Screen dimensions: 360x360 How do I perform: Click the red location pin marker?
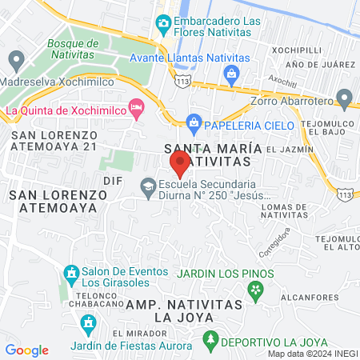point(180,163)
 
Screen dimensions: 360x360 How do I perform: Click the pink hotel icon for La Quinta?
point(137,106)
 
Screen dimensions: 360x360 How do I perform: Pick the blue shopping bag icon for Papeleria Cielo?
point(193,122)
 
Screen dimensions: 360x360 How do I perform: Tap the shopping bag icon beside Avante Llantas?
point(231,74)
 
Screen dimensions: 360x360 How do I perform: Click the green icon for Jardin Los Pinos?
point(256,290)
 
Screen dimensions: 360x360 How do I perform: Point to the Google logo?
point(26,350)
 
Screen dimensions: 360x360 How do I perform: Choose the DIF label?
point(112,180)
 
